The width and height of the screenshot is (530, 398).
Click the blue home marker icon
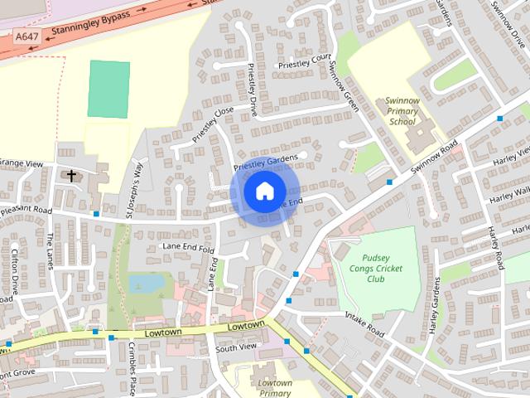(263, 192)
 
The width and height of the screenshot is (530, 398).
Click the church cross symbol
(72, 175)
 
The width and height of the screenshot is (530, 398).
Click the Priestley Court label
(304, 59)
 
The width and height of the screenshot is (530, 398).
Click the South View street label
(236, 347)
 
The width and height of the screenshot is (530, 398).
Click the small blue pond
(146, 284)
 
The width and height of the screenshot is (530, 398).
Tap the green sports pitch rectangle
(108, 89)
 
